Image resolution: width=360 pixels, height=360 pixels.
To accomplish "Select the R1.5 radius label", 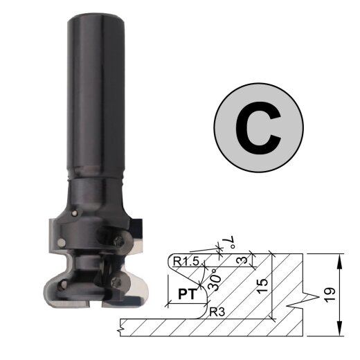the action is click(x=186, y=262).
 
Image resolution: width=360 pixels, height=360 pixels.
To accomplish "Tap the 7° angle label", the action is click(x=231, y=242).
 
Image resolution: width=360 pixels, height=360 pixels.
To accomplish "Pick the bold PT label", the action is click(x=187, y=294).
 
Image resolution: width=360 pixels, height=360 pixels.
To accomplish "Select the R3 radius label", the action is click(x=217, y=312).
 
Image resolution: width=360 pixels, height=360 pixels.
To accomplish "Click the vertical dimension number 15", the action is click(x=263, y=287).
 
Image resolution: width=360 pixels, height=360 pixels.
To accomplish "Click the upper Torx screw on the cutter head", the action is click(x=120, y=241).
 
